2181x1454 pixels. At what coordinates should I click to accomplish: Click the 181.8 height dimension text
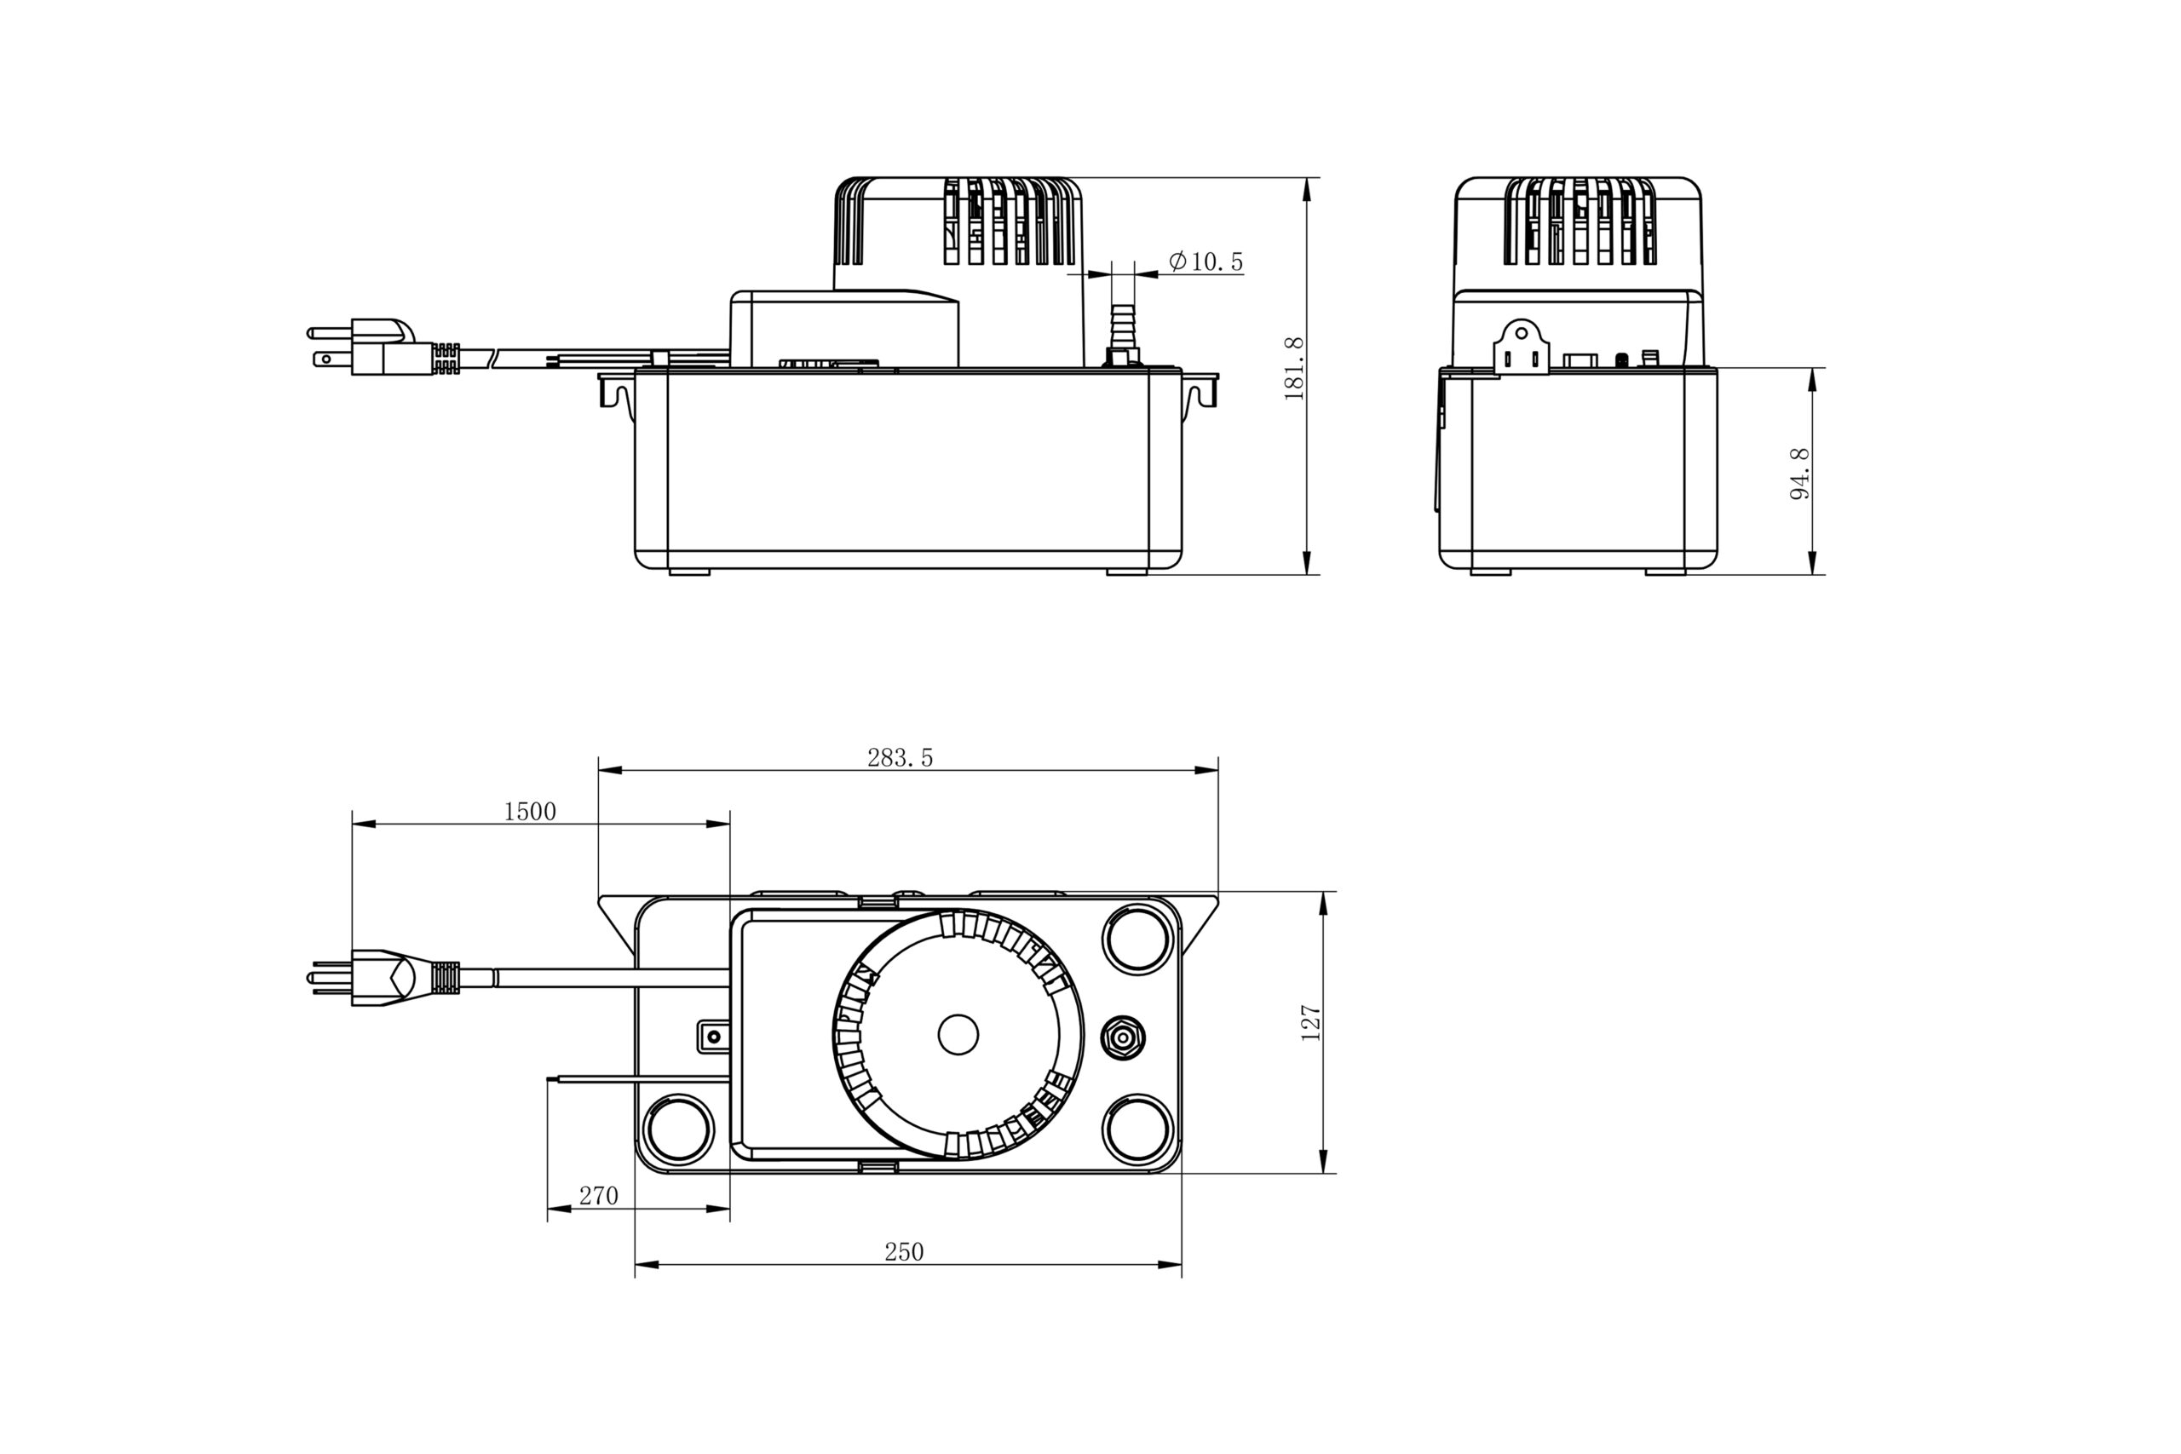pyautogui.click(x=1293, y=368)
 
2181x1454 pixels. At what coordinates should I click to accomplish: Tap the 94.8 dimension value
pyautogui.click(x=1799, y=473)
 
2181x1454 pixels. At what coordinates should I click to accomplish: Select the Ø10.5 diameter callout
pyautogui.click(x=1206, y=261)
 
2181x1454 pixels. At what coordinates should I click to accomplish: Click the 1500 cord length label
pyautogui.click(x=529, y=812)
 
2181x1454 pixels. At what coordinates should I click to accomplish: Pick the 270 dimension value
pyautogui.click(x=598, y=1195)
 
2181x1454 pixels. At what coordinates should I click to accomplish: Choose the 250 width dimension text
pyautogui.click(x=903, y=1252)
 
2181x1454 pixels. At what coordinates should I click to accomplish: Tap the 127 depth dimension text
pyautogui.click(x=1310, y=1023)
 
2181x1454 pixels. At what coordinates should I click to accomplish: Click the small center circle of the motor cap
pyautogui.click(x=958, y=1034)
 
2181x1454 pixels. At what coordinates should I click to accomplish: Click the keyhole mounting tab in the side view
pyautogui.click(x=1521, y=348)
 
